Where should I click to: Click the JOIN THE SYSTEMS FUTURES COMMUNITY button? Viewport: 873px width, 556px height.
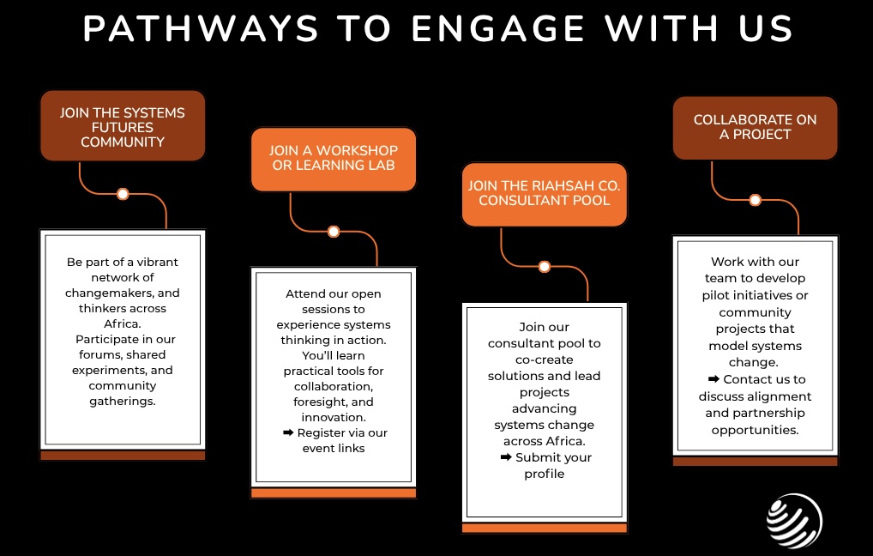click(x=123, y=127)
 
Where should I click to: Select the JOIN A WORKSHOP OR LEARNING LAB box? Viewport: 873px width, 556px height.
click(x=334, y=158)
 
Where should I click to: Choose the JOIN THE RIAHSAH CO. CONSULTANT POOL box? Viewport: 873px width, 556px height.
click(x=545, y=193)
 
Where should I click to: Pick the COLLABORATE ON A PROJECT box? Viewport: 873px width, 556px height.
click(x=755, y=127)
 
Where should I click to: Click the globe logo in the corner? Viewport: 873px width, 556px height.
click(x=794, y=521)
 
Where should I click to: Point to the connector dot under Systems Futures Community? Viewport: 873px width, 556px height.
click(x=123, y=194)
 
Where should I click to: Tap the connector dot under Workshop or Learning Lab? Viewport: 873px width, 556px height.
click(x=334, y=232)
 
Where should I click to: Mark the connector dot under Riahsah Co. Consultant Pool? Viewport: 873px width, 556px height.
click(x=544, y=266)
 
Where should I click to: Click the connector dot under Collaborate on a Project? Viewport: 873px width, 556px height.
click(x=755, y=200)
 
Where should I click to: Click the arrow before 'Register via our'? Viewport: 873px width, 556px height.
click(x=288, y=432)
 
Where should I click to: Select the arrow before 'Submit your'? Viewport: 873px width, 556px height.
click(x=506, y=457)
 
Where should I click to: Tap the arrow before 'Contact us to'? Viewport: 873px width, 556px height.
click(x=713, y=379)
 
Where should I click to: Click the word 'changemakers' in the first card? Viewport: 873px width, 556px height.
click(x=123, y=293)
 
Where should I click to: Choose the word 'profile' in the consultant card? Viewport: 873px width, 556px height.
click(x=545, y=474)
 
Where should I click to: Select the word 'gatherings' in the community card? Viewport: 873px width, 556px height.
click(x=123, y=401)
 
